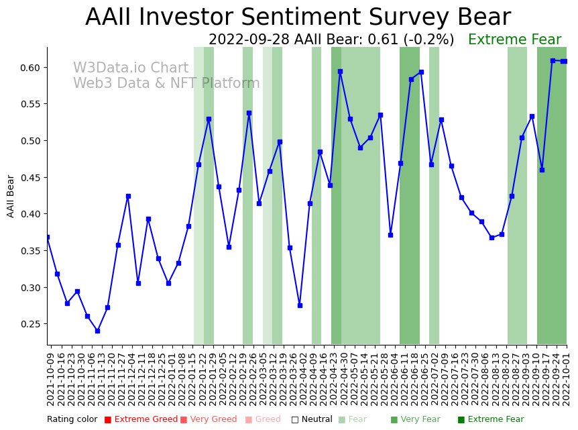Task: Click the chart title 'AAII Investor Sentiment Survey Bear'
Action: coord(298,17)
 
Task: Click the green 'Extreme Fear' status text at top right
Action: coord(514,40)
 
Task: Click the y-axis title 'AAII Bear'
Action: coord(11,196)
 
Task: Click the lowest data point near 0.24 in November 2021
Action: coord(97,331)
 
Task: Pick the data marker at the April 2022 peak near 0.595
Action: coord(340,71)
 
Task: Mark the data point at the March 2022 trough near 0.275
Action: coord(300,305)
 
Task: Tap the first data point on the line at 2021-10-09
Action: coord(47,237)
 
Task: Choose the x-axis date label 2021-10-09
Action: coord(50,379)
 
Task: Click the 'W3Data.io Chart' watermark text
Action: coord(131,68)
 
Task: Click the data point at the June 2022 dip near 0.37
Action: coord(390,235)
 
